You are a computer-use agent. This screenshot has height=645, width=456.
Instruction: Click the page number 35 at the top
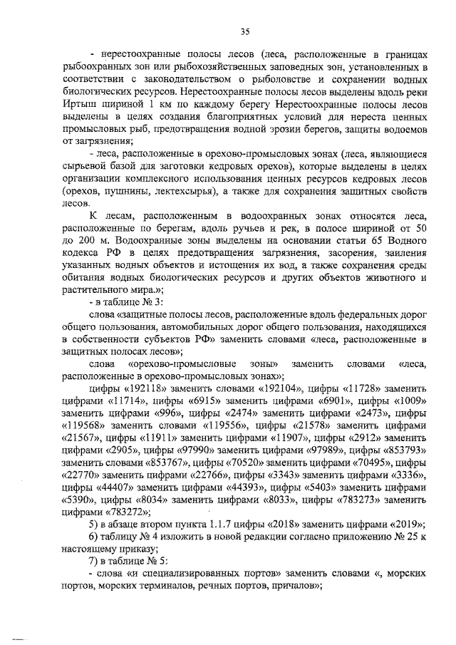244,31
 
